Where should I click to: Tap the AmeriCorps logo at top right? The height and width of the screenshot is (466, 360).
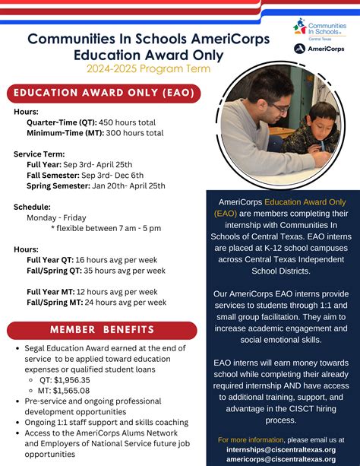[x=320, y=49]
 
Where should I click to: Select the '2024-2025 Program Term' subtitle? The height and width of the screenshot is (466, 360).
[x=125, y=68]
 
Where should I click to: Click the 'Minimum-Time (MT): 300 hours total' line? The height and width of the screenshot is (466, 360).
[x=94, y=132]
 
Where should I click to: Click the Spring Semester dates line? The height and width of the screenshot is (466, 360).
[x=96, y=185]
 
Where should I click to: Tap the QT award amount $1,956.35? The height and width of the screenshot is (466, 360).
[x=65, y=379]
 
